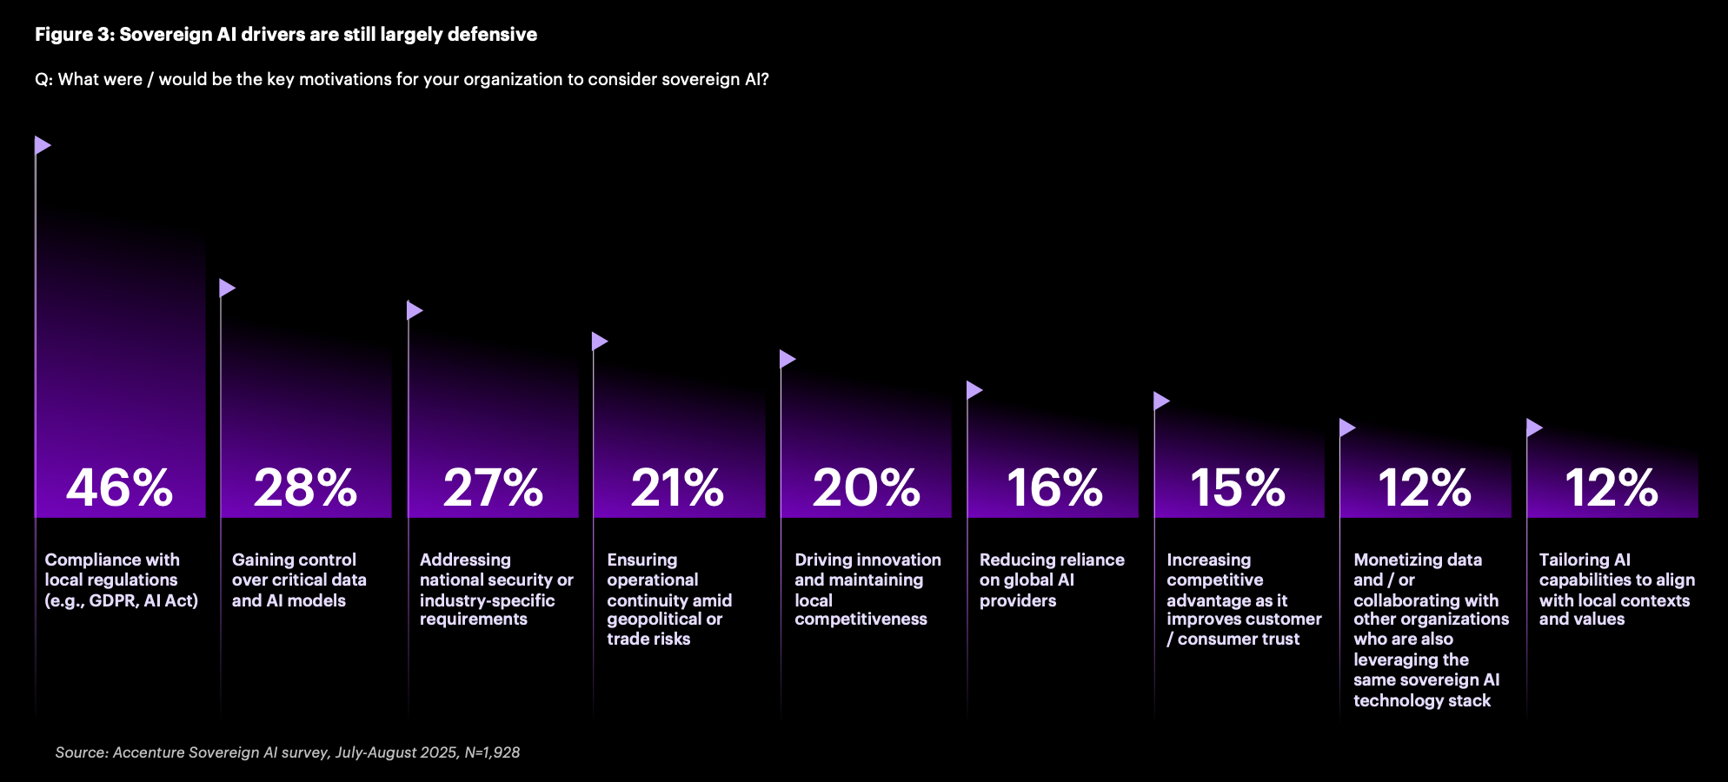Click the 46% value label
120,487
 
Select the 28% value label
306,487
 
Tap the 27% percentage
493,487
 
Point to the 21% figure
678,487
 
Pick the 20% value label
867,487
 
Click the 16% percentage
1054,487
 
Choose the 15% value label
1239,487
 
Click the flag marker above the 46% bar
43,145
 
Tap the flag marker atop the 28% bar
227,288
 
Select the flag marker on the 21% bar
600,341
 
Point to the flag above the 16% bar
974,390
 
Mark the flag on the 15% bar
1161,401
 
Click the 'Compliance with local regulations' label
121,580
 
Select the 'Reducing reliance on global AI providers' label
1052,580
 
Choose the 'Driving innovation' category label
867,589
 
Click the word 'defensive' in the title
493,35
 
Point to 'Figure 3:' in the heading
74,35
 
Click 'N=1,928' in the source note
492,752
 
